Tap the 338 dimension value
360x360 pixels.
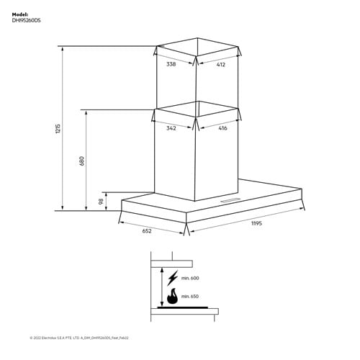tap(171, 65)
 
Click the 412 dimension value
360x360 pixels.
tap(220, 65)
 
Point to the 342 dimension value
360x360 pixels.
tap(171, 129)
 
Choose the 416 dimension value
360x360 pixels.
tap(222, 129)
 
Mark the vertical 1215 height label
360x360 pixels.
tap(58, 130)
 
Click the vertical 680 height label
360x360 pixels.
tap(82, 161)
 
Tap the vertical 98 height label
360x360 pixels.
tap(101, 202)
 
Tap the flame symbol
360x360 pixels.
tap(172, 296)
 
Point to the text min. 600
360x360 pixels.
tap(189, 278)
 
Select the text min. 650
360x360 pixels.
tap(189, 296)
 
